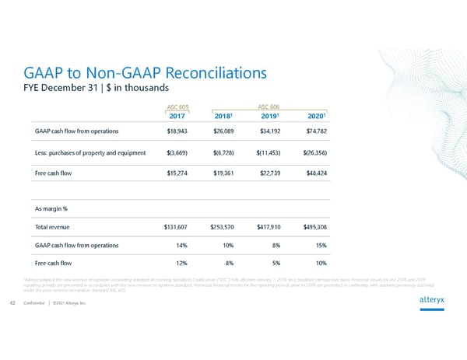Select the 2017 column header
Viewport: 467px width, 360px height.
point(177,116)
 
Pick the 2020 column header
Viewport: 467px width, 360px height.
point(317,116)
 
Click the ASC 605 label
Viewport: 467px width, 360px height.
point(178,107)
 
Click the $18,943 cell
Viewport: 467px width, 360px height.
point(178,131)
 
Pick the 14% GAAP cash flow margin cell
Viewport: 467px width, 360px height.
point(186,246)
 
